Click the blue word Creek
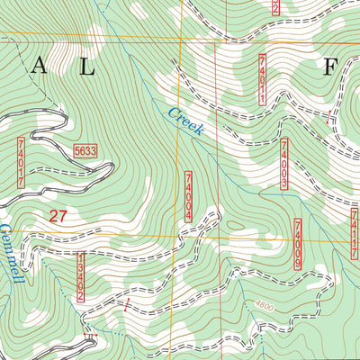185,121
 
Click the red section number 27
59,215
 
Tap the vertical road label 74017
20,162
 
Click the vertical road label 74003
283,165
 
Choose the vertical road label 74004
188,196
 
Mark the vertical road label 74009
298,243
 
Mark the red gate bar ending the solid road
89,337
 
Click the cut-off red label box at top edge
275,7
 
